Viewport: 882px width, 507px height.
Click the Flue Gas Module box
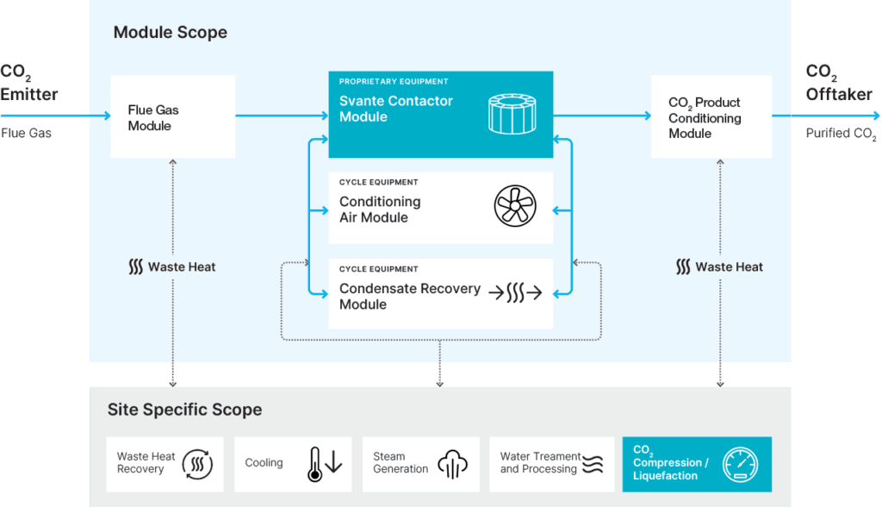pyautogui.click(x=173, y=116)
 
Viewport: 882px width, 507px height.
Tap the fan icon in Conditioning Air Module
pyautogui.click(x=514, y=208)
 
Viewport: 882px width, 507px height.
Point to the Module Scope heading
pyautogui.click(x=171, y=33)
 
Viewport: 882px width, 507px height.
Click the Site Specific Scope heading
pyautogui.click(x=184, y=410)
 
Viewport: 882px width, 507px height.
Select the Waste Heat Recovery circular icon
pyautogui.click(x=197, y=464)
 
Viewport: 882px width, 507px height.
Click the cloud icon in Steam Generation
pyautogui.click(x=452, y=464)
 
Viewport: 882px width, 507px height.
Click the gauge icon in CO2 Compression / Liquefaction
pyautogui.click(x=740, y=463)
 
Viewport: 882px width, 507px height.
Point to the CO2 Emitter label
pyautogui.click(x=28, y=83)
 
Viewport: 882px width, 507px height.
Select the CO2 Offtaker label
pyautogui.click(x=838, y=83)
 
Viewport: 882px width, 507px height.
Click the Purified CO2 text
pyautogui.click(x=841, y=134)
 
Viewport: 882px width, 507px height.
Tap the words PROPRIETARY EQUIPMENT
pyautogui.click(x=394, y=82)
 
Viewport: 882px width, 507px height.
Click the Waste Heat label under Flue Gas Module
pyautogui.click(x=172, y=267)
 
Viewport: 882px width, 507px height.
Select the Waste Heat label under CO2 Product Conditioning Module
pyautogui.click(x=720, y=267)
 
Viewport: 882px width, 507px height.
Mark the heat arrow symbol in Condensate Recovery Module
pyautogui.click(x=515, y=293)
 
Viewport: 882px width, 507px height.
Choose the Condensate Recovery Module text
pyautogui.click(x=409, y=296)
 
